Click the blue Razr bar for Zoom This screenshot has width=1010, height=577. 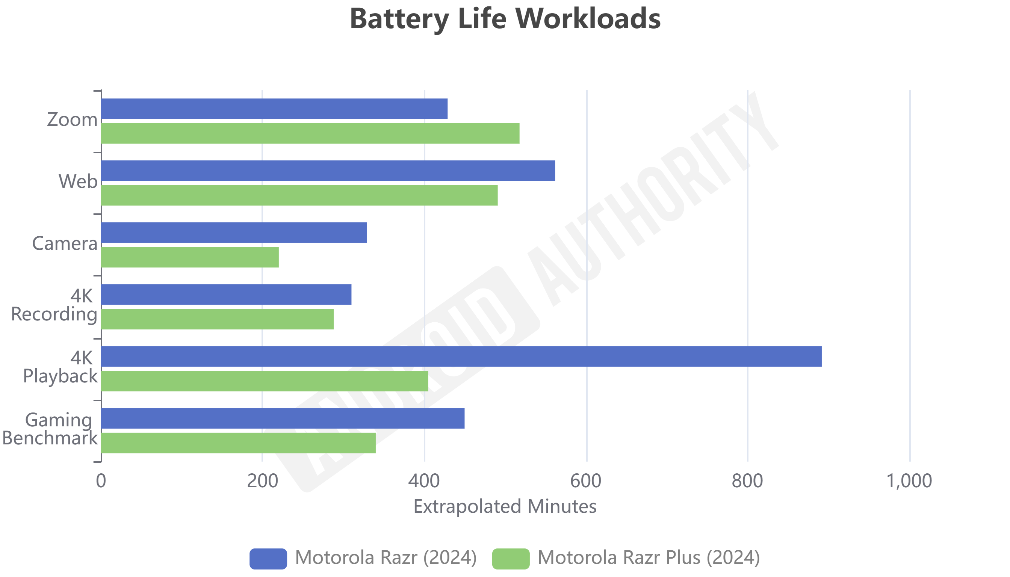click(x=274, y=109)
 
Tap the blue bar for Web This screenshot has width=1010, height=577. click(x=328, y=171)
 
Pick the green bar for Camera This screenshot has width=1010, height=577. click(x=190, y=257)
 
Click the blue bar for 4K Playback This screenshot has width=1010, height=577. click(x=461, y=356)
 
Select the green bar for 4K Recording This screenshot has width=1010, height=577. click(x=217, y=319)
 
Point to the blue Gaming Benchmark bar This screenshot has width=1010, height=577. click(x=283, y=418)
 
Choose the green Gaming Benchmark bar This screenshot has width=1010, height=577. click(x=238, y=443)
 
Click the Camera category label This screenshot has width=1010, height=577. click(x=65, y=243)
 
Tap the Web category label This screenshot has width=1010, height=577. click(x=78, y=181)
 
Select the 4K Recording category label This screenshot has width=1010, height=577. click(x=54, y=305)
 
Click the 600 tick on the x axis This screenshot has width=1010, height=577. click(x=585, y=481)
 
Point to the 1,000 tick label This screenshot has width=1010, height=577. click(x=909, y=481)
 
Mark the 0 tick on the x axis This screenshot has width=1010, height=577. click(x=101, y=481)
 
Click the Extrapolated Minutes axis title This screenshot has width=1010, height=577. click(x=505, y=506)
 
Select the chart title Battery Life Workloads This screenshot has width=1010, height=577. click(x=505, y=19)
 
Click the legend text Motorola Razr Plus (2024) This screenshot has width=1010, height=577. click(x=649, y=557)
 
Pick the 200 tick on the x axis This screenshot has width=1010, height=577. click(x=262, y=481)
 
